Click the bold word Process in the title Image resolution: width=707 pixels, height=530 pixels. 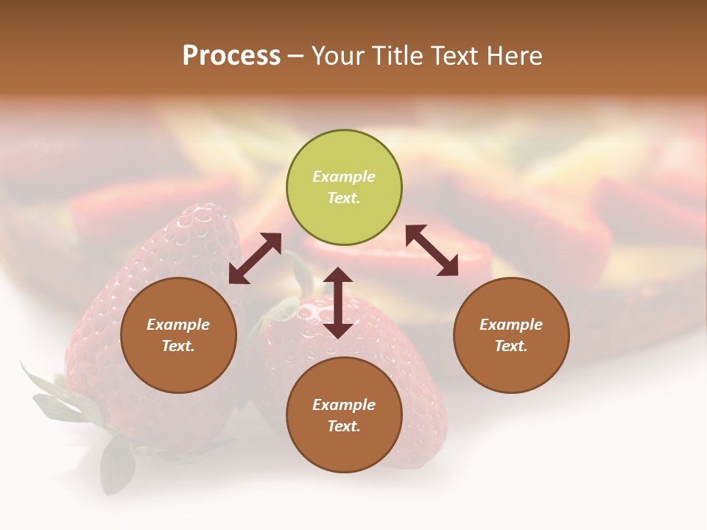pyautogui.click(x=231, y=56)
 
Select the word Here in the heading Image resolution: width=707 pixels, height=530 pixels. pyautogui.click(x=514, y=56)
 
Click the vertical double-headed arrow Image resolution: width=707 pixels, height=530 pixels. pyautogui.click(x=338, y=303)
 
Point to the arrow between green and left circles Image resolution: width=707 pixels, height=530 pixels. pyautogui.click(x=255, y=258)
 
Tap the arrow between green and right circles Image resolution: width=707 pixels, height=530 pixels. pyautogui.click(x=432, y=250)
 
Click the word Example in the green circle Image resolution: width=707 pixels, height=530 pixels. pyautogui.click(x=344, y=177)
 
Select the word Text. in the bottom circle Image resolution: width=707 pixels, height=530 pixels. pyautogui.click(x=344, y=426)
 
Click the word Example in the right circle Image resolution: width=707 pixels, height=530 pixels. pyautogui.click(x=511, y=325)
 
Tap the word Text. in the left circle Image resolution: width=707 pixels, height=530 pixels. pyautogui.click(x=178, y=346)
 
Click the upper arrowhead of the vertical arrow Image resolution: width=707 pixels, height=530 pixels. pyautogui.click(x=338, y=275)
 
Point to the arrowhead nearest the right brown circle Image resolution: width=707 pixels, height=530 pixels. pyautogui.click(x=448, y=266)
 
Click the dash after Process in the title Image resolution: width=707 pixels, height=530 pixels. pyautogui.click(x=295, y=56)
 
